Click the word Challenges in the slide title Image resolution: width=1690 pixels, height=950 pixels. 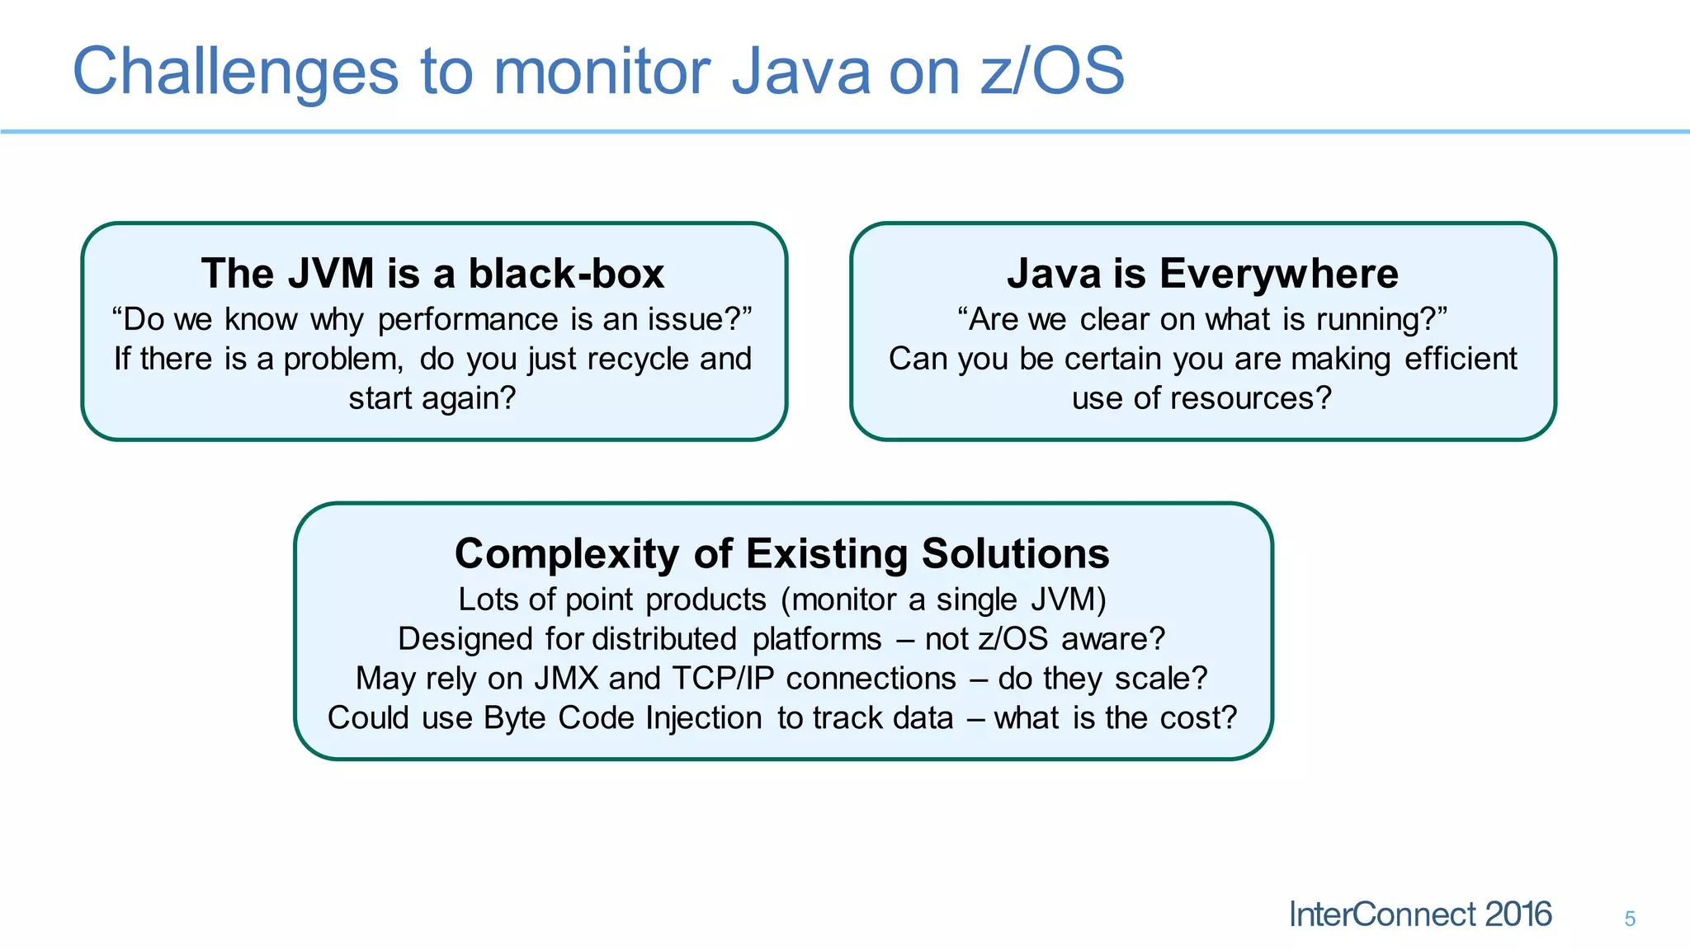point(236,73)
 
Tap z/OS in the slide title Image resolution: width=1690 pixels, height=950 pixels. point(1053,71)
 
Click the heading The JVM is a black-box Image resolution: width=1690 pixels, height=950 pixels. point(432,273)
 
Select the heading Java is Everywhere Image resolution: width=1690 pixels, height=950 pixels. point(1202,273)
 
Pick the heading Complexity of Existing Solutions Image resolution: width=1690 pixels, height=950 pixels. point(781,553)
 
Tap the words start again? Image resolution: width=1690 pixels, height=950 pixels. point(432,398)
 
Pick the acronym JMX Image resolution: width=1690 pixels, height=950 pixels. point(566,679)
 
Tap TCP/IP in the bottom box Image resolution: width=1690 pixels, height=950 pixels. point(723,679)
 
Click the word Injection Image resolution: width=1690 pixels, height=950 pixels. point(703,718)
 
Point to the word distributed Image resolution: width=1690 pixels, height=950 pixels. point(663,639)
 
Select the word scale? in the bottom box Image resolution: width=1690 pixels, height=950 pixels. point(1160,679)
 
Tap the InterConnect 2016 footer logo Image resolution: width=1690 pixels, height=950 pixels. point(1419,915)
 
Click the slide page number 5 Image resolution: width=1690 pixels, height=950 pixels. point(1630,919)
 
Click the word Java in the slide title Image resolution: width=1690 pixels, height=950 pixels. point(800,73)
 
